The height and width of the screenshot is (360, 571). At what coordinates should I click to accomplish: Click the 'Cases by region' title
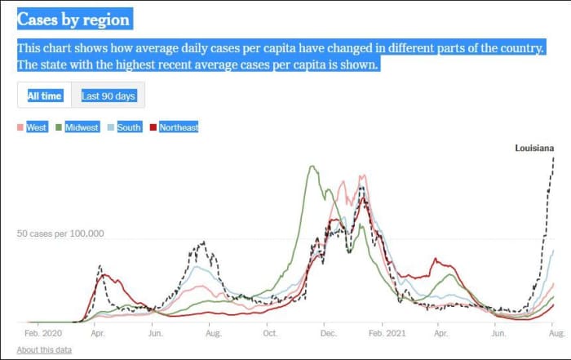coord(73,20)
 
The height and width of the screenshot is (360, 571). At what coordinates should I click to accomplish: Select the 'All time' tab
coord(44,96)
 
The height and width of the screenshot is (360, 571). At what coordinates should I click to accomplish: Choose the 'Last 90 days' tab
coord(108,96)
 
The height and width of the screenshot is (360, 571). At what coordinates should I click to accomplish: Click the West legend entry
coord(36,127)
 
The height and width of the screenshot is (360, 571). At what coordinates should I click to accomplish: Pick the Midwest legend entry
coord(82,127)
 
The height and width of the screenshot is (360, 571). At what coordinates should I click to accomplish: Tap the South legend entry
coord(129,127)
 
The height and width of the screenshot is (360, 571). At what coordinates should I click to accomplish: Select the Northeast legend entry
coord(178,127)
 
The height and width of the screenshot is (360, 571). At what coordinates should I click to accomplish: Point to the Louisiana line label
coord(534,148)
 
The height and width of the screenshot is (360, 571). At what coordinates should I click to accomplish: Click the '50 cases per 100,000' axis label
coord(60,233)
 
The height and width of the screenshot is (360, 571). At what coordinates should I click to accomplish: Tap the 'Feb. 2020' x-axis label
coord(43,334)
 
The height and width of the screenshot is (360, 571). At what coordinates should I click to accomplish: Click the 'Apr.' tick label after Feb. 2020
coord(98,334)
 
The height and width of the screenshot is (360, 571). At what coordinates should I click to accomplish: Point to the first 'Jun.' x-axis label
coord(154,334)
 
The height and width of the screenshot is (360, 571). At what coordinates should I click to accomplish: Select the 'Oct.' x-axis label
coord(270,334)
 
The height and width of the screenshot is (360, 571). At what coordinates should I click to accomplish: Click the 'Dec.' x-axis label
coord(328,334)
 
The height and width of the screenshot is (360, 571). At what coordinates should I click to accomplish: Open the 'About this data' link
coord(43,349)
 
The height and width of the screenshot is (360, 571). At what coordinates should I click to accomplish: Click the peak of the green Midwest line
coord(311,167)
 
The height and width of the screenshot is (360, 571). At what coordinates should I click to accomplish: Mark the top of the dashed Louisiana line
coord(554,157)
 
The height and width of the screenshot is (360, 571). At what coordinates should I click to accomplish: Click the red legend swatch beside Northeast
coord(153,127)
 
